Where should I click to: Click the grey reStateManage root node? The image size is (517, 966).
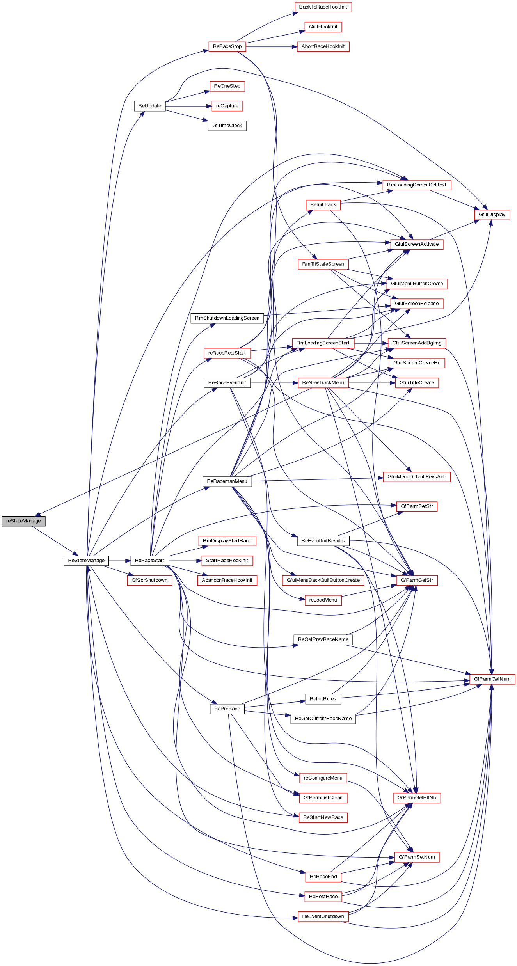pos(23,521)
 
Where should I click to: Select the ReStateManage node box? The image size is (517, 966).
pos(86,561)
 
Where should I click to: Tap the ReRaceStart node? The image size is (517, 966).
pos(149,561)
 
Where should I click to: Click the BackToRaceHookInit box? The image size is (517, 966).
pos(323,7)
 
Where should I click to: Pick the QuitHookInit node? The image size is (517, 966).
pos(323,27)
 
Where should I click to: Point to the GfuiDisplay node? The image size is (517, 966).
pos(492,215)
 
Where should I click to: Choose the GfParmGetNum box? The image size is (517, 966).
pos(492,679)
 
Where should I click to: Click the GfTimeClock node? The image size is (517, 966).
pos(227,126)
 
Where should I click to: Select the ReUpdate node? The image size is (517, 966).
pos(149,106)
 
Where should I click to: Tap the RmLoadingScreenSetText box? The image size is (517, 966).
pos(416,185)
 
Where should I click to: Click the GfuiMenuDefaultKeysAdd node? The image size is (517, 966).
pos(417,477)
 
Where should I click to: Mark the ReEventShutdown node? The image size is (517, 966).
pos(323,916)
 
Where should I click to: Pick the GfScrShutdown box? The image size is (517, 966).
pos(149,580)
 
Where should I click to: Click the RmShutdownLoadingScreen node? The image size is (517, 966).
pos(227,318)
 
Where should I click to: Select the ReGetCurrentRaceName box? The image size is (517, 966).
pos(323,719)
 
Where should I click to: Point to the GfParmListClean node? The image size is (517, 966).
pos(323,798)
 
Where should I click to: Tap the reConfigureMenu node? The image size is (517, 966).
pos(323,778)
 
